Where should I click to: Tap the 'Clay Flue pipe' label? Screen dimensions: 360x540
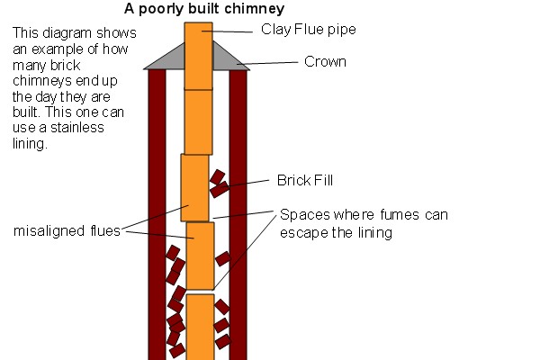308,30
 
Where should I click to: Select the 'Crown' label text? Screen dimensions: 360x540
325,62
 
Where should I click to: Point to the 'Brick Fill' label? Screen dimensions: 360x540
304,180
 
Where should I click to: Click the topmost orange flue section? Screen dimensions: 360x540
198,54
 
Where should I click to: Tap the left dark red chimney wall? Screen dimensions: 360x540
157,216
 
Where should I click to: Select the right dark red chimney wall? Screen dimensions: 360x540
238,216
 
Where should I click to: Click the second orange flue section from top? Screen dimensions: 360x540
198,121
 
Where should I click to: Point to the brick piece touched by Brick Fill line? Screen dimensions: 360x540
219,189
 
